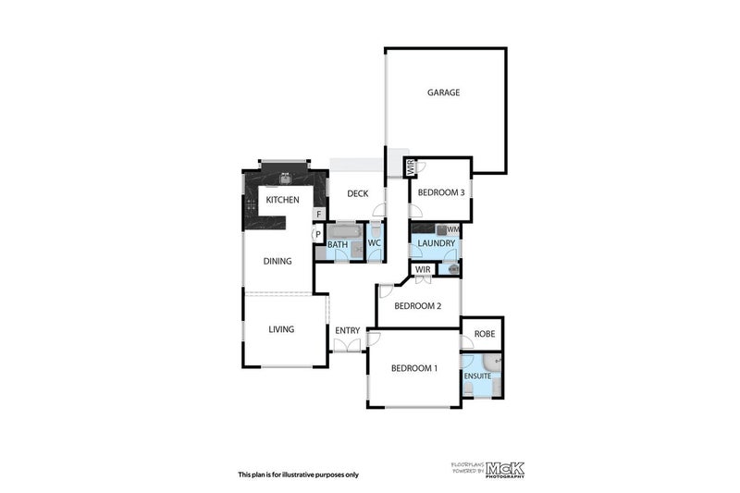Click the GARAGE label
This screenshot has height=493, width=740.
[443, 92]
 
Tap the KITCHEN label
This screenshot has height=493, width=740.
[282, 201]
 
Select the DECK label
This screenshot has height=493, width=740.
[357, 193]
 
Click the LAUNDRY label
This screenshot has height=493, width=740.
[436, 244]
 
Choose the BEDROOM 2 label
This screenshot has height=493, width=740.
[417, 306]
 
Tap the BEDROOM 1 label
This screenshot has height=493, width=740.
[413, 368]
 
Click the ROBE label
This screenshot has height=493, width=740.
[483, 334]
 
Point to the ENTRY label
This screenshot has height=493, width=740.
[348, 330]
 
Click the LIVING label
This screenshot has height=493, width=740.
[281, 329]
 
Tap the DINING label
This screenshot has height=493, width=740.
[277, 261]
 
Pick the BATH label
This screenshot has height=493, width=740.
[337, 244]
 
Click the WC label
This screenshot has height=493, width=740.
[374, 243]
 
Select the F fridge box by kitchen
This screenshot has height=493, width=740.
[319, 215]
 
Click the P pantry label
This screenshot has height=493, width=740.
[317, 235]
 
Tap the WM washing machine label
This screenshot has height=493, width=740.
[453, 229]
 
